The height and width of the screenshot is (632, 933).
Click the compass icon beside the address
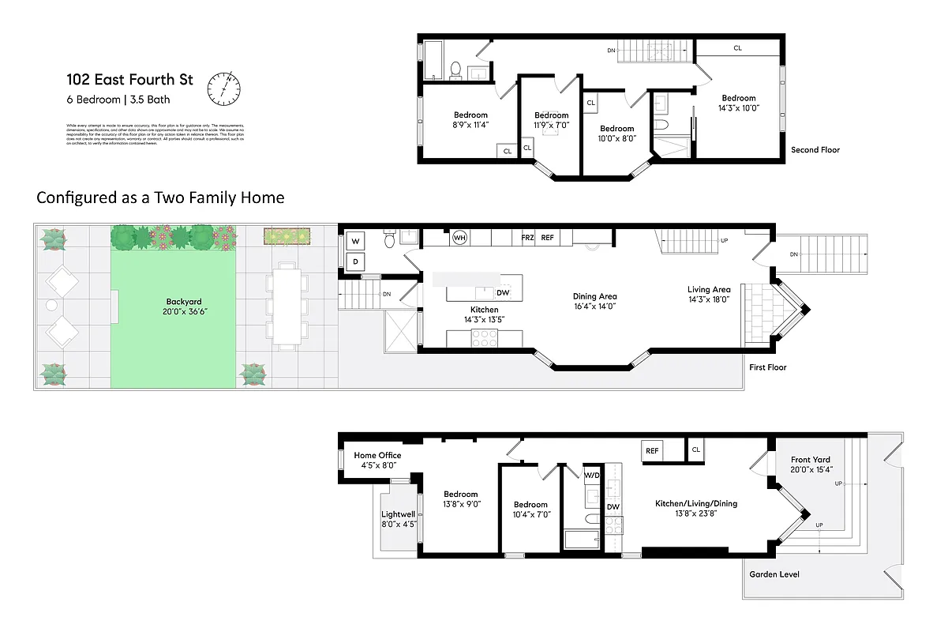pyautogui.click(x=223, y=88)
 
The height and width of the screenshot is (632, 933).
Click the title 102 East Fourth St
pyautogui.click(x=130, y=80)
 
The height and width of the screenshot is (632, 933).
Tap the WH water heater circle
pyautogui.click(x=459, y=237)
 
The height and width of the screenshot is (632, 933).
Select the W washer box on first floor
pyautogui.click(x=356, y=241)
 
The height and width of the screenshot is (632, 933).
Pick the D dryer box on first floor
pyautogui.click(x=356, y=261)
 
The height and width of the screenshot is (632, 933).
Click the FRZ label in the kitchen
pyautogui.click(x=527, y=237)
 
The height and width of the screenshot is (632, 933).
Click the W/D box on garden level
pyautogui.click(x=592, y=475)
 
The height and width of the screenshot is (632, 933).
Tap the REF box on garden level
pyautogui.click(x=652, y=450)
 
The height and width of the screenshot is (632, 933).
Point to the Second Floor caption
pyautogui.click(x=815, y=150)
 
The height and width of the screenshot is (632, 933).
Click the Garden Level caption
pyautogui.click(x=774, y=574)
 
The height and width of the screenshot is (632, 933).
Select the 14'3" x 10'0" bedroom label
pyautogui.click(x=738, y=103)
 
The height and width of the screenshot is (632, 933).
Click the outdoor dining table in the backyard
pyautogui.click(x=285, y=308)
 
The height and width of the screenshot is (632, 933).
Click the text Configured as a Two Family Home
pyautogui.click(x=160, y=197)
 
